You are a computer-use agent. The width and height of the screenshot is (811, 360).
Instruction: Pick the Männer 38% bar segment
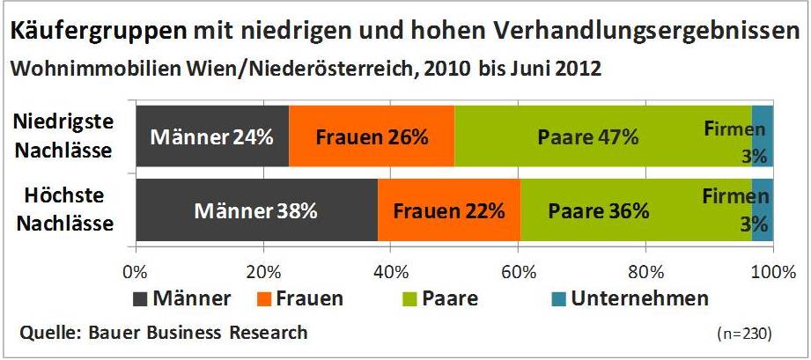[256, 210]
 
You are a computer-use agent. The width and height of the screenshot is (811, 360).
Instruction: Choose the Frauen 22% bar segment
[448, 210]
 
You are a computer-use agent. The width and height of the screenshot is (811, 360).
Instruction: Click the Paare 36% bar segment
[598, 210]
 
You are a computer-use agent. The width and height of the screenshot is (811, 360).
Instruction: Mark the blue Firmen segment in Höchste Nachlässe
[763, 210]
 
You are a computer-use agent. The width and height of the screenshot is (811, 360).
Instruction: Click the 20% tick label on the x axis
[263, 269]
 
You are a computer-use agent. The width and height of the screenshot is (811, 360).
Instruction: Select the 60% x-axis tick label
[518, 269]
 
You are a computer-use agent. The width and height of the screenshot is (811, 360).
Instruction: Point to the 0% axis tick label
[136, 269]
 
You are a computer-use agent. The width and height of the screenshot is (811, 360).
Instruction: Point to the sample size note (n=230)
[745, 334]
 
